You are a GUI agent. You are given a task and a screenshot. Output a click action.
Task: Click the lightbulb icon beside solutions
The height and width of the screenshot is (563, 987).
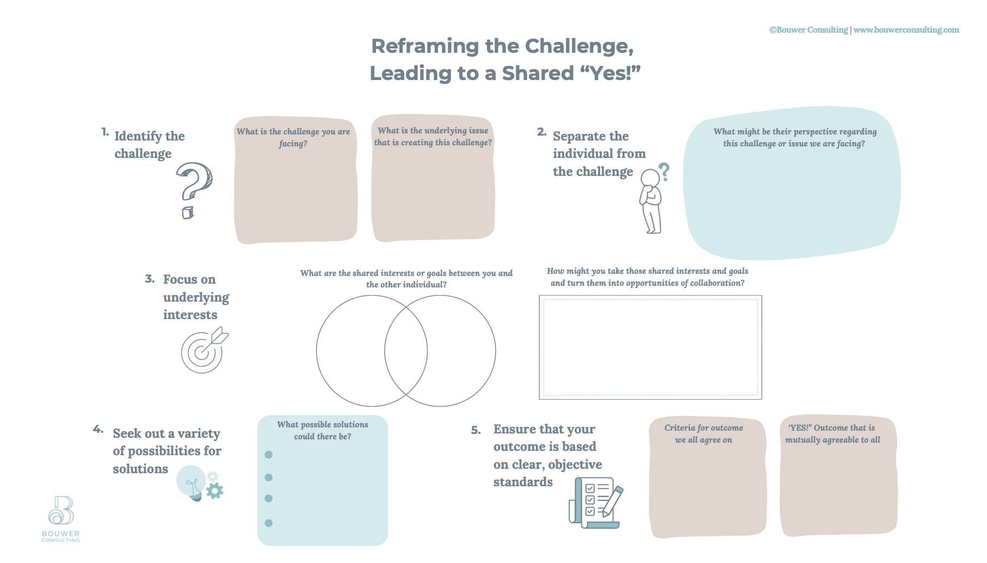(x=191, y=482)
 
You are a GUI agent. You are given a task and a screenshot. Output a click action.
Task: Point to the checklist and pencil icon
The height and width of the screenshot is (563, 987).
(x=595, y=503)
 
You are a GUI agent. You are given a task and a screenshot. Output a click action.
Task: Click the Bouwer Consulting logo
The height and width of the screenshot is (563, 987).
(x=61, y=518)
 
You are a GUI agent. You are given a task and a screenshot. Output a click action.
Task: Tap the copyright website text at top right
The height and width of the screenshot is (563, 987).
(x=863, y=30)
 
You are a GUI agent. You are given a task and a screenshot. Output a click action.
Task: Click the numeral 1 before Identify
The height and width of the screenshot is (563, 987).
(x=104, y=132)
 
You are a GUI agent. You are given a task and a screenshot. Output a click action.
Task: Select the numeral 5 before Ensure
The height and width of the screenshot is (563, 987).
(x=476, y=430)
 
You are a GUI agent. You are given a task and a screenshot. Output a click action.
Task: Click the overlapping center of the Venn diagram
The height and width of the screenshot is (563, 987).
(x=406, y=351)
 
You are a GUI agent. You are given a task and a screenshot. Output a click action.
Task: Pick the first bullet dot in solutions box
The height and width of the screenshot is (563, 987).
(x=268, y=455)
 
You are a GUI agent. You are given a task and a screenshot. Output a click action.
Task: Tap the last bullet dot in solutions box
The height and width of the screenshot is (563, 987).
(x=268, y=523)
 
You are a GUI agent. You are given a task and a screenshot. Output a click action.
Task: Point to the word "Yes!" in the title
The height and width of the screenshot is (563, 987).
(x=610, y=73)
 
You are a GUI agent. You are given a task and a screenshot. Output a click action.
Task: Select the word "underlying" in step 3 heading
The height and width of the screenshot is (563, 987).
(x=196, y=297)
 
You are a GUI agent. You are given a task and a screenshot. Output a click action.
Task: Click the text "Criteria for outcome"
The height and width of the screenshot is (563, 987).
(x=704, y=428)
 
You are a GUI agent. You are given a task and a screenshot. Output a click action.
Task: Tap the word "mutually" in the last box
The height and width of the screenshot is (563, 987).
(x=803, y=440)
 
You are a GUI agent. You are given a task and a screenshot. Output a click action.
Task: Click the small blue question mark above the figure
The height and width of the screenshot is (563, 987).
(x=664, y=172)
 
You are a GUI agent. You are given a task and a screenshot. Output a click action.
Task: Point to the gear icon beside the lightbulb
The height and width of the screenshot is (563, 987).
(x=215, y=491)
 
